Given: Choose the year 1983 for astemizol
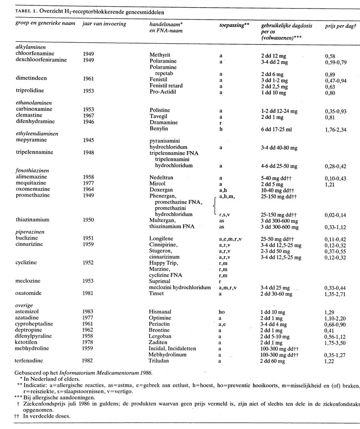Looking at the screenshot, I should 89,310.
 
